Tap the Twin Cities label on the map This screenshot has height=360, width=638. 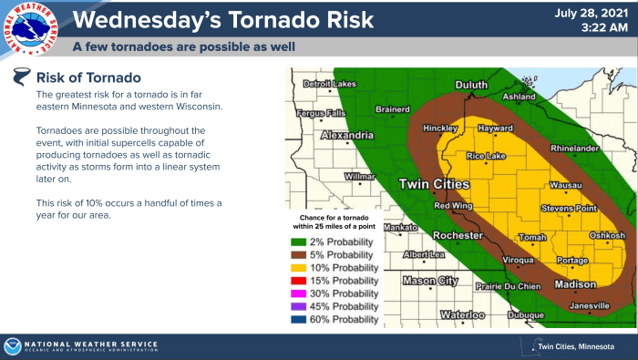coord(435,185)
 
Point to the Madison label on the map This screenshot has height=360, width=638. coord(575,284)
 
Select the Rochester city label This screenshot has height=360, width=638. coord(457,236)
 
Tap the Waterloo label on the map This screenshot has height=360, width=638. coord(463,314)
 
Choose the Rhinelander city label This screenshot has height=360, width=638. coord(573,148)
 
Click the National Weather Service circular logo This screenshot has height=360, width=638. coord(27,27)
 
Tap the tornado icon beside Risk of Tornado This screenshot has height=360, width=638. coord(20,77)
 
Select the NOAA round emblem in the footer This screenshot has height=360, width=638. coord(13,346)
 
